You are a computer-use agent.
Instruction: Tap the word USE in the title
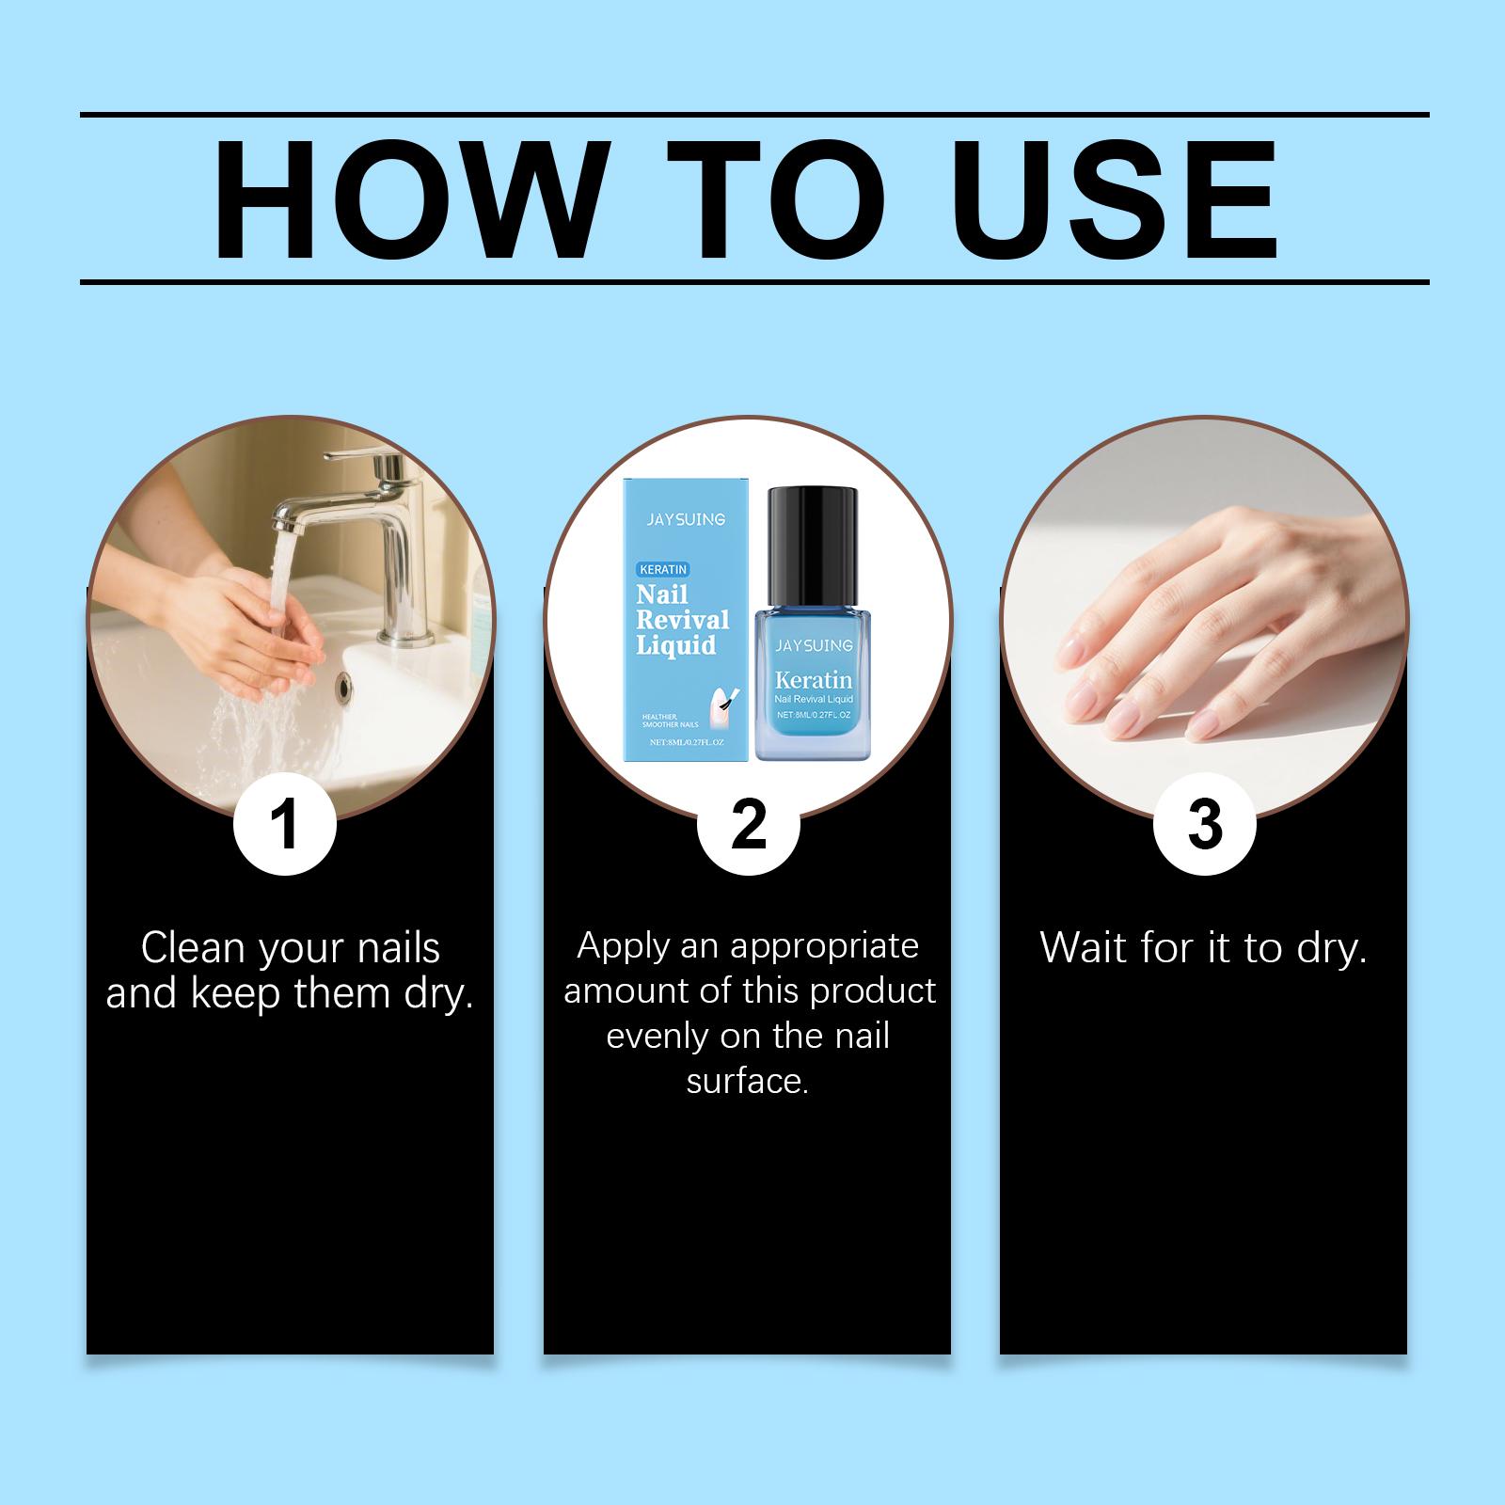(x=1121, y=199)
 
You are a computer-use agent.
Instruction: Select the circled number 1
(x=284, y=824)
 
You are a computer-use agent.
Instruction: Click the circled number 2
(x=748, y=824)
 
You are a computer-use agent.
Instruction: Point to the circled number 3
(x=1204, y=824)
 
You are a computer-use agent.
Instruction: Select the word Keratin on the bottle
(x=814, y=679)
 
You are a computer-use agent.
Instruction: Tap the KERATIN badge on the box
(x=664, y=569)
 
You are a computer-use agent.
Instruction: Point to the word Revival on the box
(x=683, y=620)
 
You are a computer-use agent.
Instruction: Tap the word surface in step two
(x=747, y=1082)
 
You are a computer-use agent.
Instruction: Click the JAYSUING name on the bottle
(x=814, y=645)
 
